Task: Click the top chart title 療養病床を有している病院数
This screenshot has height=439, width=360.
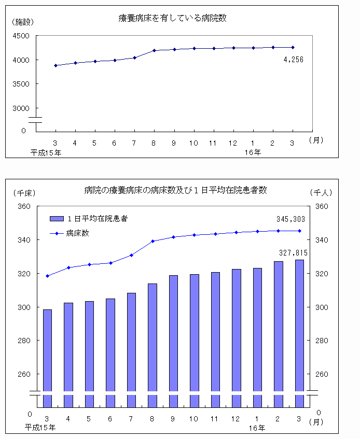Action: tap(173, 18)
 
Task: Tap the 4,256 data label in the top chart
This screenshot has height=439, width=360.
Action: tap(294, 60)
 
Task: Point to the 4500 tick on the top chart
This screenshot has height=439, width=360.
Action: tap(21, 36)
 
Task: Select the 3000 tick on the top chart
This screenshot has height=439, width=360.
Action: tap(21, 108)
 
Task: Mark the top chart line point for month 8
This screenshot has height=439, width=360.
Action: tap(154, 50)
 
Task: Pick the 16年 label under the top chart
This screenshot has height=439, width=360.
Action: tap(253, 152)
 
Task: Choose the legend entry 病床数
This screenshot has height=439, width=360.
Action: tap(78, 233)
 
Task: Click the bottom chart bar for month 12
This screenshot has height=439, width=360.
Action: tap(236, 337)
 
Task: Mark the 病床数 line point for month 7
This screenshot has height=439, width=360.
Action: tap(131, 255)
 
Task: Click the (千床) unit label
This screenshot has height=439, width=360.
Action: tap(24, 192)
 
